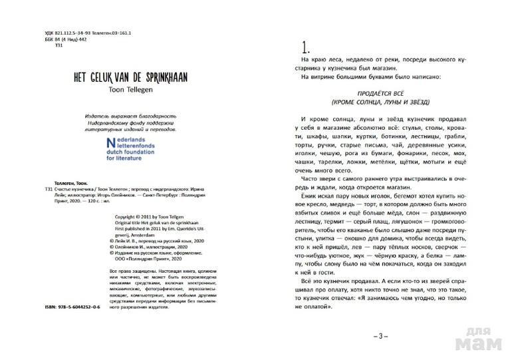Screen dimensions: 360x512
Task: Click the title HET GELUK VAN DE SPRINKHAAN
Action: [130, 77]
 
